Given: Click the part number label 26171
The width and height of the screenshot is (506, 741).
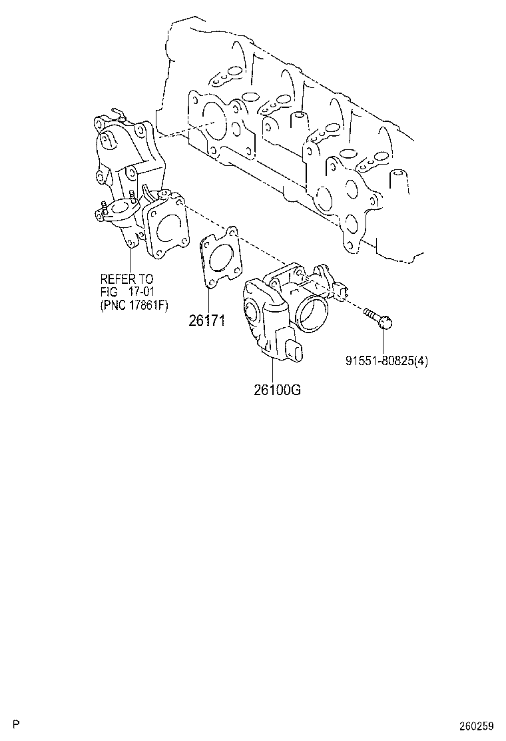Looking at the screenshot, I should [x=206, y=321].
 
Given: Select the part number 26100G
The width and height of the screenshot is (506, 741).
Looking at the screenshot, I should [x=277, y=390].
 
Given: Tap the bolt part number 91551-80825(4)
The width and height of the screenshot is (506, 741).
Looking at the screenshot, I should [x=386, y=361].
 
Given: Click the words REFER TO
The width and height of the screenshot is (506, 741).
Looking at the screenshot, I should [x=126, y=279].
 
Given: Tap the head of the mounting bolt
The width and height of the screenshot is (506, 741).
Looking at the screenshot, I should [x=387, y=323].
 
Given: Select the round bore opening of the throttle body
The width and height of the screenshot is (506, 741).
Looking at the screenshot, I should [x=313, y=313].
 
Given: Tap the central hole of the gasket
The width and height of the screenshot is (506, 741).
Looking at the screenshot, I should [x=219, y=257].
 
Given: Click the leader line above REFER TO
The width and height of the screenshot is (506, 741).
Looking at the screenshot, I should [x=130, y=260].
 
